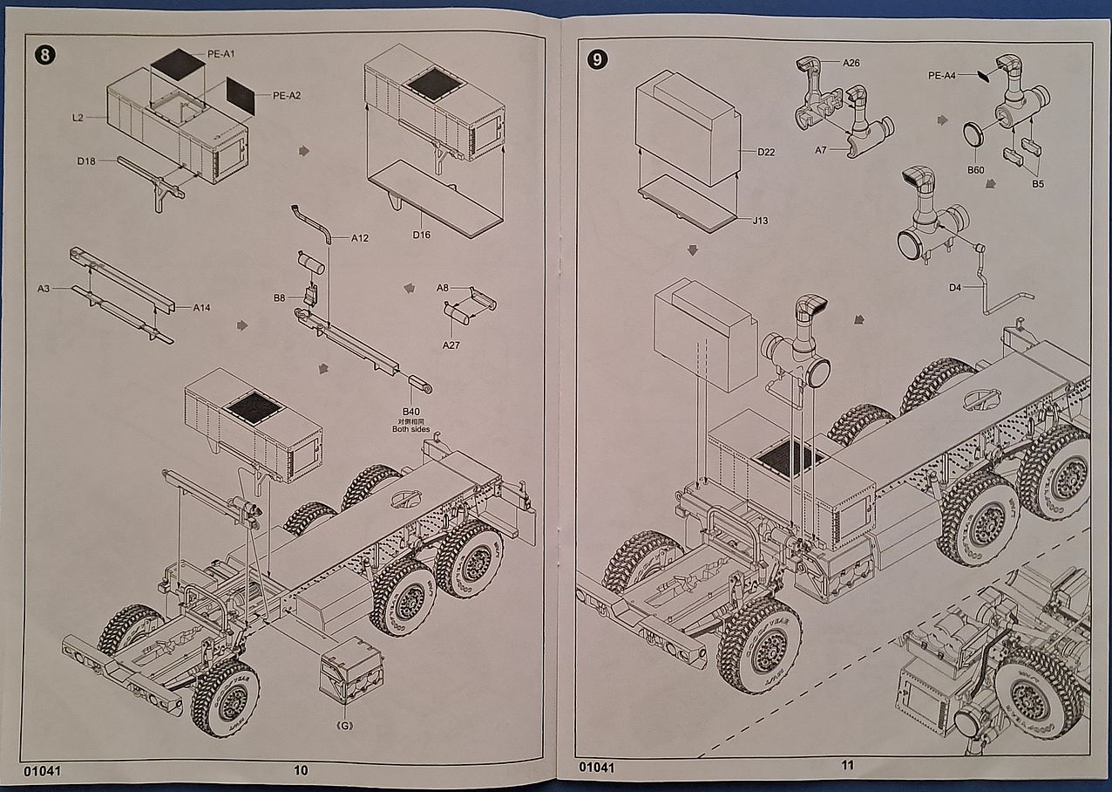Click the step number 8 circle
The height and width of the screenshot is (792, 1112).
(45, 55)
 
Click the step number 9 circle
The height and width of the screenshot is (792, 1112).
(597, 60)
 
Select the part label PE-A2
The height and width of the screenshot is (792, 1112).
(287, 95)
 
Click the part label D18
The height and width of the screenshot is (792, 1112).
(86, 160)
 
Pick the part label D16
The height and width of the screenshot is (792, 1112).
(422, 234)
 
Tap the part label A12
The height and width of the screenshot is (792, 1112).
(360, 238)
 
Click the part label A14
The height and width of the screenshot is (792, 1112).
(202, 307)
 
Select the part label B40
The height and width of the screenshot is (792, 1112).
(410, 411)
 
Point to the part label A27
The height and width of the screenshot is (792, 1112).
(451, 345)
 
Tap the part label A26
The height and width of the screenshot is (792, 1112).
(851, 63)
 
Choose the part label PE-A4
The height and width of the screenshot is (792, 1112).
(942, 76)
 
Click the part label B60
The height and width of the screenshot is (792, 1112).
(975, 169)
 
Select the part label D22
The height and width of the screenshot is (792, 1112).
(766, 152)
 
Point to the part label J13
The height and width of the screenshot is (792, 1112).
(760, 221)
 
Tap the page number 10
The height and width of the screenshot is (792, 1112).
(301, 769)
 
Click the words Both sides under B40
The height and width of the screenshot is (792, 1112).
(412, 429)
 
